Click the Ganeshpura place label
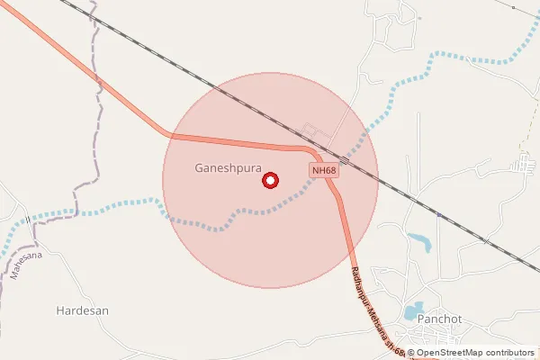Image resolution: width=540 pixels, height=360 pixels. point(228,168)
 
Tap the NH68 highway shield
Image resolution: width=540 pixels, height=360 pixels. point(324,170)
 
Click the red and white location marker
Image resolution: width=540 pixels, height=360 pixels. point(270,181)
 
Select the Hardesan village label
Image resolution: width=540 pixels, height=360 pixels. point(82,310)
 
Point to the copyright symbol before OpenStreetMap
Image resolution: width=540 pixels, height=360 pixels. point(411,353)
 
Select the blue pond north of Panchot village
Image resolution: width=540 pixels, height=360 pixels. point(419,241)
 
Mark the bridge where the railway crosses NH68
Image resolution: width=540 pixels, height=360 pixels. point(345,160)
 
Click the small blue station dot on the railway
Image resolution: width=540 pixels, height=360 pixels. point(438,215)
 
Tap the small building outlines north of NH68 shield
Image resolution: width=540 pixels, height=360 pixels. point(315,132)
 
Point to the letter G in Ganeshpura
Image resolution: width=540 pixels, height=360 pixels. point(199,168)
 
